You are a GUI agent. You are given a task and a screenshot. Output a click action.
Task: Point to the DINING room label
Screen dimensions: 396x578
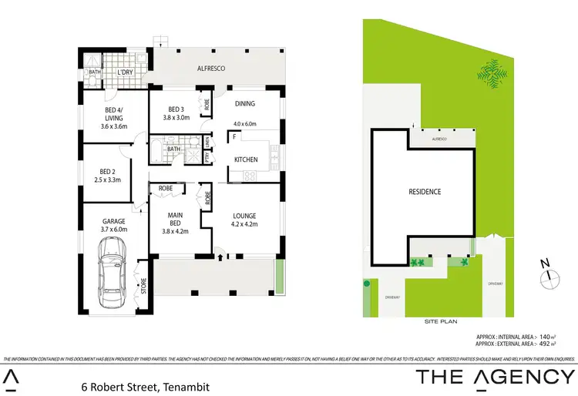tap(245, 103)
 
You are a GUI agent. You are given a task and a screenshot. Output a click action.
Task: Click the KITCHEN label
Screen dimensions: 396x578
tap(247, 159)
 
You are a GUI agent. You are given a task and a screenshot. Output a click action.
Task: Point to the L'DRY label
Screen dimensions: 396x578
tap(126, 73)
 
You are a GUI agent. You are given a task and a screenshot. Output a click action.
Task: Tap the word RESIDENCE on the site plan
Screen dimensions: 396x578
tap(424, 191)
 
